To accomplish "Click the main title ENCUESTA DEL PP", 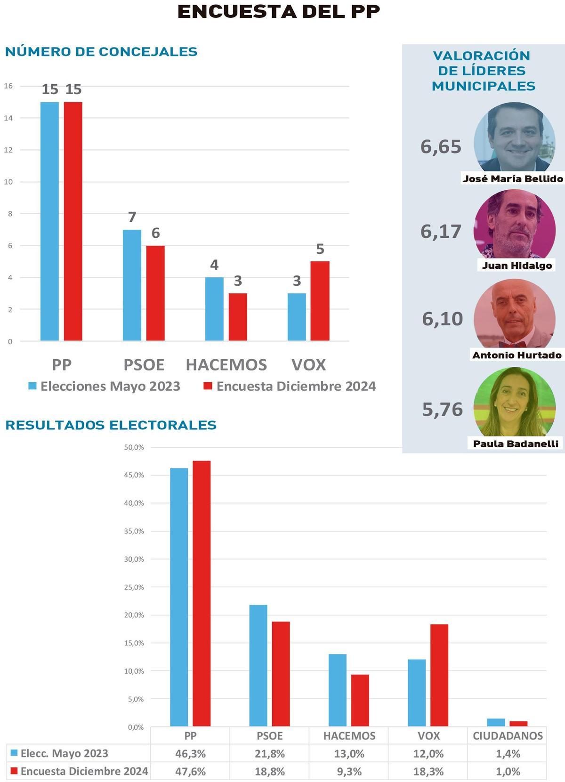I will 279,12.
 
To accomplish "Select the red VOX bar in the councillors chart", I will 320,301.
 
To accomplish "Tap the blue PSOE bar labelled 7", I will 132,285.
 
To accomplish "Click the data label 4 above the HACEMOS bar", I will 214,265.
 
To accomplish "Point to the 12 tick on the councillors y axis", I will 8,150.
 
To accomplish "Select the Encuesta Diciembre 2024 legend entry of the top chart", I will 290,386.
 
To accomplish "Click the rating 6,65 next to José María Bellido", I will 441,147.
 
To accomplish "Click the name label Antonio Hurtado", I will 517,355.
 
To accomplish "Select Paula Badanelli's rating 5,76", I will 443,410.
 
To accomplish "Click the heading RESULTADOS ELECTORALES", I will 111,425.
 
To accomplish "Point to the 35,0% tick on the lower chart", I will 134,531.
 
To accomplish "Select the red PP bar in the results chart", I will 202,593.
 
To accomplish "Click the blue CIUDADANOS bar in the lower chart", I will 496,722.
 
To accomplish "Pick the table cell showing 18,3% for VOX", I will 428,771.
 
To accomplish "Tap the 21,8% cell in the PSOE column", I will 270,754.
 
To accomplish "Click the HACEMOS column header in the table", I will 349,736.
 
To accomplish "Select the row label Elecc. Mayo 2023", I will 64,753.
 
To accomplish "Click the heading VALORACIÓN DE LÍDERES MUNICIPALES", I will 484,71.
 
